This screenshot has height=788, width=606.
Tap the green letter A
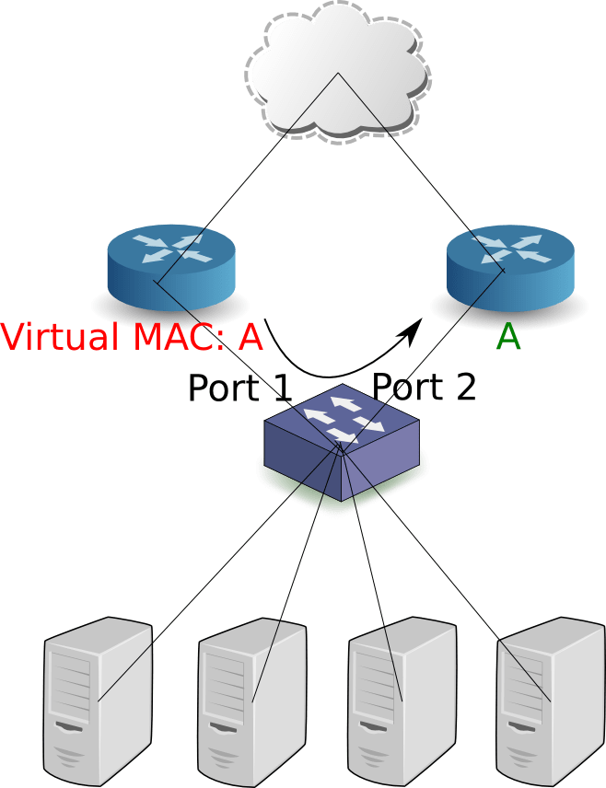point(508,337)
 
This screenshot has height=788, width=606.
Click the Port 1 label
point(239,388)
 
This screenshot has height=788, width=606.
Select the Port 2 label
point(424,388)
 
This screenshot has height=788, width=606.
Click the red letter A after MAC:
point(251,337)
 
